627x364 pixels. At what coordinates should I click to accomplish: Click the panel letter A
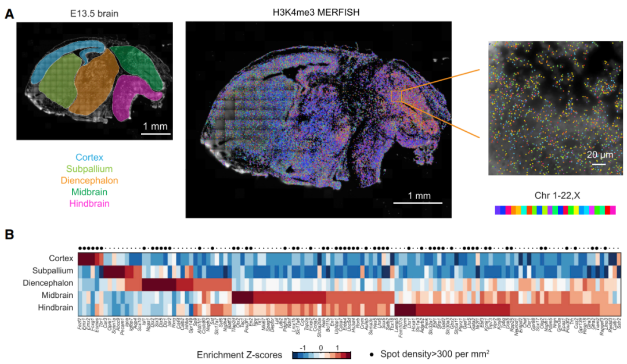pos(9,13)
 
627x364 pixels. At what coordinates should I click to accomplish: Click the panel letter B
pos(9,235)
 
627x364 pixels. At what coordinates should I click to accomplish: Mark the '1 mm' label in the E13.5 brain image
pos(156,127)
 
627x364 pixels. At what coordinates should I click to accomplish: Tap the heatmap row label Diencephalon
pos(49,283)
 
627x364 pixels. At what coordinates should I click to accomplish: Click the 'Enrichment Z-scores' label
pos(239,353)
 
